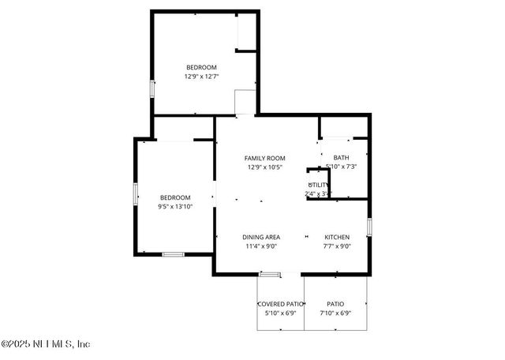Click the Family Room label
pos(264,158)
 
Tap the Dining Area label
pos(260,237)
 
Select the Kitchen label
pos(337,237)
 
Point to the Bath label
pos(341,157)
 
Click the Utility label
pos(318,185)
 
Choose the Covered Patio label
pos(280,304)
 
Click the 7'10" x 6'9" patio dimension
pos(335,313)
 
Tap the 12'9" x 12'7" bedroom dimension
pos(201,77)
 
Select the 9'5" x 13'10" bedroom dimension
pos(175,206)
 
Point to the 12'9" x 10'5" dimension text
pos(264,167)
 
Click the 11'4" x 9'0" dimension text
pos(260,246)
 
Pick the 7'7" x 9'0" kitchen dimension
pos(337,246)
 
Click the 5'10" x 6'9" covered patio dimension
pos(280,313)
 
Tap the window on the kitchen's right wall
pos(368,227)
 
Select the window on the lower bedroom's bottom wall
pos(173,254)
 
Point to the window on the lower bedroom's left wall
pos(135,193)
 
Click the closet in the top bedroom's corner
pos(246,32)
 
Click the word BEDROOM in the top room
pos(201,67)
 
